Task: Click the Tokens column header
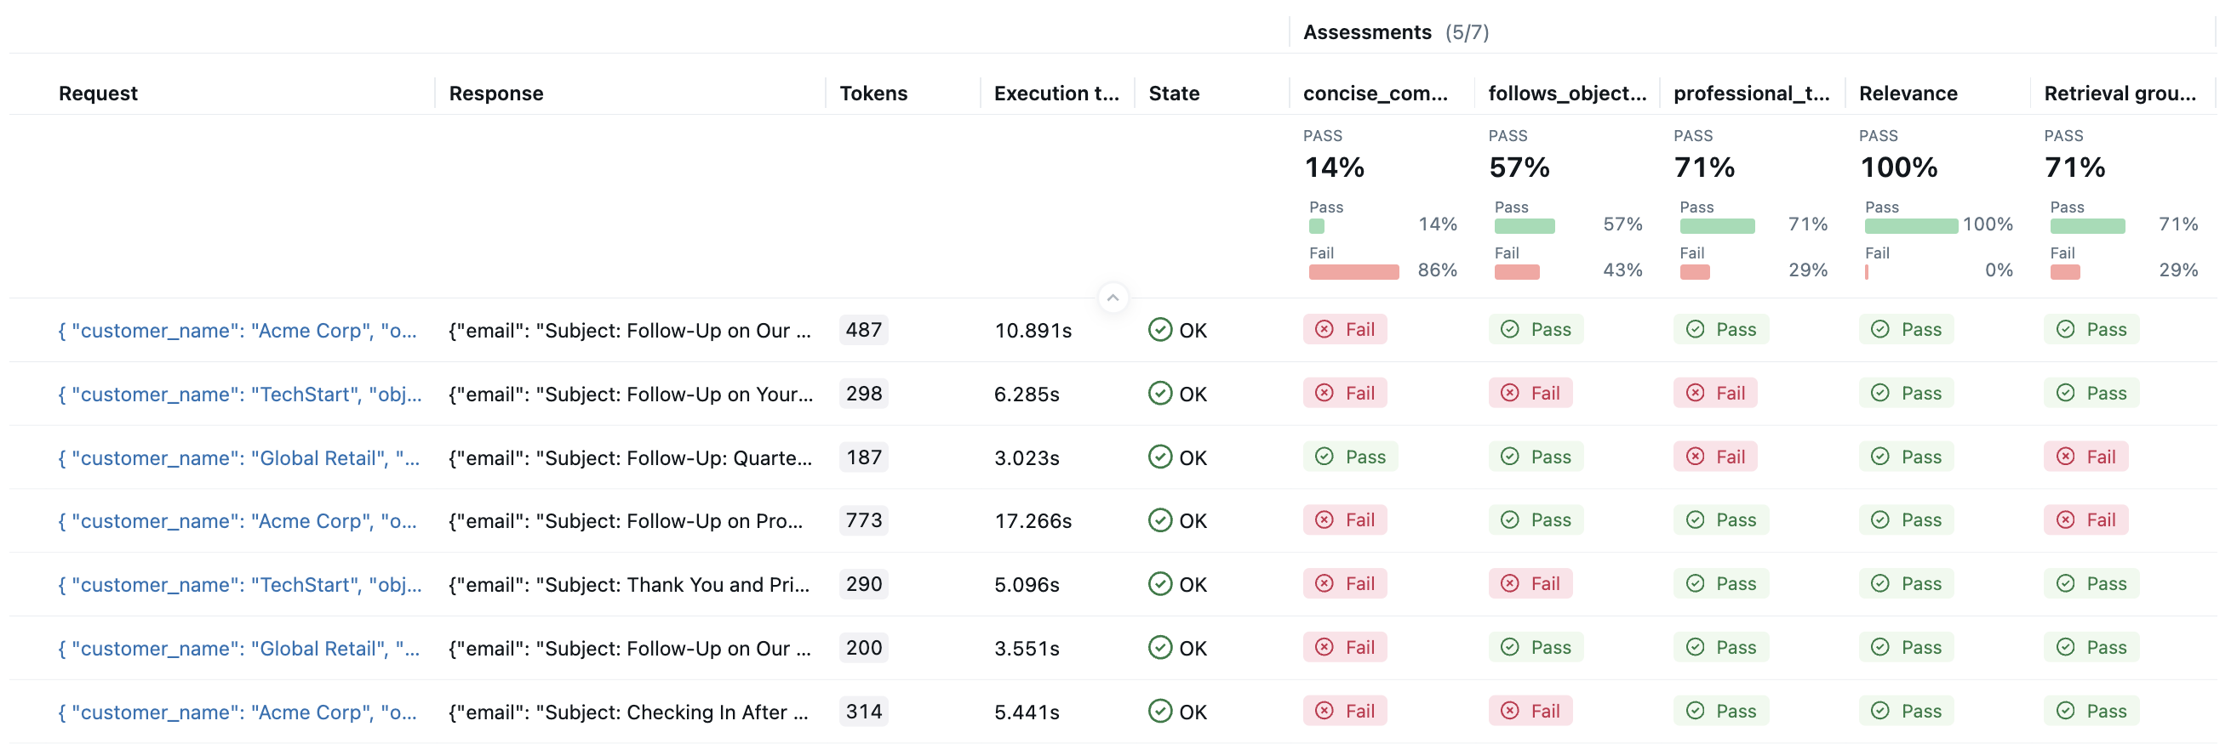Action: click(872, 93)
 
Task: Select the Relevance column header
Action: click(1907, 93)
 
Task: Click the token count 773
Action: click(863, 519)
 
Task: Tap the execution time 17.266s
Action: click(1033, 520)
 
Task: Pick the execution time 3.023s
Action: click(1027, 457)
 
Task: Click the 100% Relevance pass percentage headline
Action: click(1898, 167)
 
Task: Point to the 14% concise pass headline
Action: click(1334, 167)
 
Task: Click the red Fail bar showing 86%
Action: click(1353, 271)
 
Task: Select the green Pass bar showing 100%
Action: click(1910, 225)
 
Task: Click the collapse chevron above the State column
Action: click(1113, 298)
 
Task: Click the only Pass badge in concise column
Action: click(1350, 457)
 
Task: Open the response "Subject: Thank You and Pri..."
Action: click(630, 584)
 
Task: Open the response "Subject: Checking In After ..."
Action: click(630, 712)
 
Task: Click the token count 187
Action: click(863, 457)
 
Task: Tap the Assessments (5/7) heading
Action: click(1394, 32)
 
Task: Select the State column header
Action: click(1173, 93)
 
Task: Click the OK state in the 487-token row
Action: click(1177, 330)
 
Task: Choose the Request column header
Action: click(98, 93)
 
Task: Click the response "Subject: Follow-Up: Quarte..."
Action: click(630, 457)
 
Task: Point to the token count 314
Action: click(863, 711)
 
